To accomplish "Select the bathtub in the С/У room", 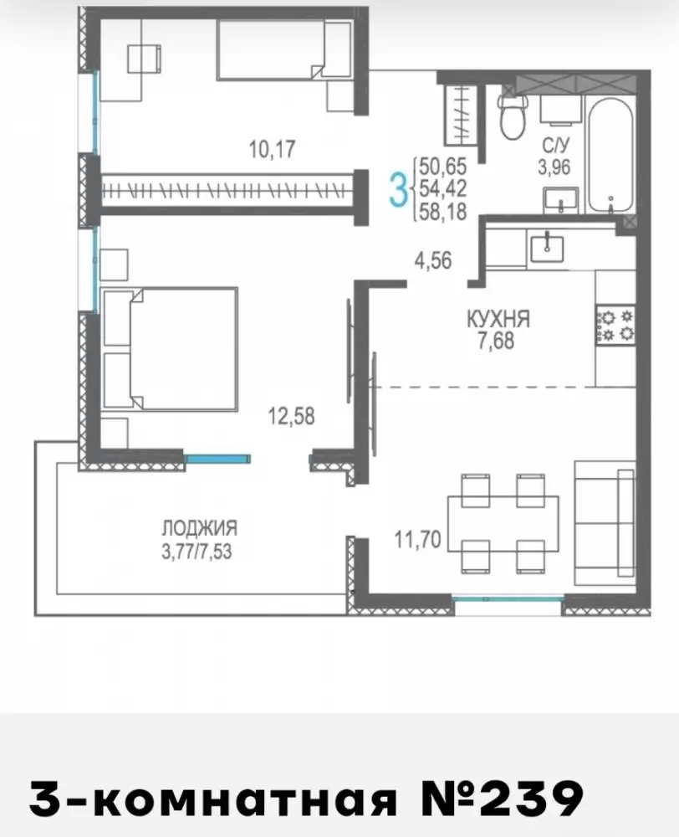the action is click(610, 154).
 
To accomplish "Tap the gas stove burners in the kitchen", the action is click(615, 326).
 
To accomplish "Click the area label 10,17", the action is click(272, 149).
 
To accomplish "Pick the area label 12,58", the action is click(291, 416).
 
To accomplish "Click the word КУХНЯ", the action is click(498, 319).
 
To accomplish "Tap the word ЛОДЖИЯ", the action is click(200, 528).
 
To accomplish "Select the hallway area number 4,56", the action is click(433, 260).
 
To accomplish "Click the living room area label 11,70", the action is click(417, 539).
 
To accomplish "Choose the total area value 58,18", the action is click(442, 212).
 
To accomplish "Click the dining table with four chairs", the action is click(503, 524).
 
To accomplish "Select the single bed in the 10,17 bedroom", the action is click(283, 50).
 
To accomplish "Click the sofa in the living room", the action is click(605, 524).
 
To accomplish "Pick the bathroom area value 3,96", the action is click(554, 168).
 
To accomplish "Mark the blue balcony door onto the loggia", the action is click(217, 458).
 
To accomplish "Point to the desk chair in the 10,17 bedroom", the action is click(144, 59).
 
